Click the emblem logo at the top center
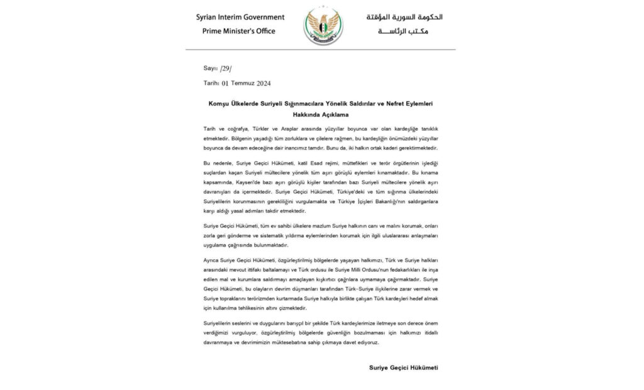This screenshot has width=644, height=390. [x=323, y=25]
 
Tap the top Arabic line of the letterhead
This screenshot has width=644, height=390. [x=406, y=17]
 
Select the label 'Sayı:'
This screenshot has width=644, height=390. [x=210, y=67]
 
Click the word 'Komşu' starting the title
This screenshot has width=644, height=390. [x=218, y=103]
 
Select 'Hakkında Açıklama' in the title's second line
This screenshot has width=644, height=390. [x=323, y=115]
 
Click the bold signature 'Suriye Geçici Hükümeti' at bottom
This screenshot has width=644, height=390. [x=402, y=368]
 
